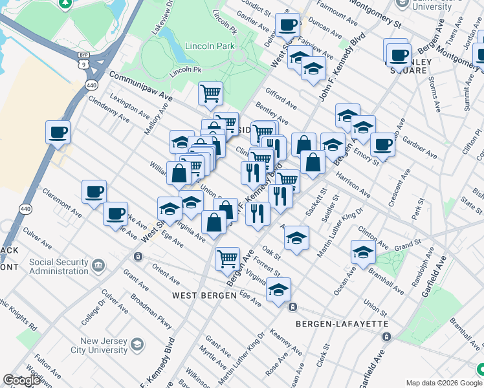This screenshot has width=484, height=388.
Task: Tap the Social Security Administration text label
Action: pos(58,266)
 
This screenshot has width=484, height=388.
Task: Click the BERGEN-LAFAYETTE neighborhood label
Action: pos(341,323)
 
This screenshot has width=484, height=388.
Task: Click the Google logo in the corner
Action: pos(21,380)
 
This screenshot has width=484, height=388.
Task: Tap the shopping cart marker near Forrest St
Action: pos(228,259)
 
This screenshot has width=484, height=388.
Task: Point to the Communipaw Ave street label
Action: pos(140,85)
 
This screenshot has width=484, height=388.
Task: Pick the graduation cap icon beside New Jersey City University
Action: pos(137,345)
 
